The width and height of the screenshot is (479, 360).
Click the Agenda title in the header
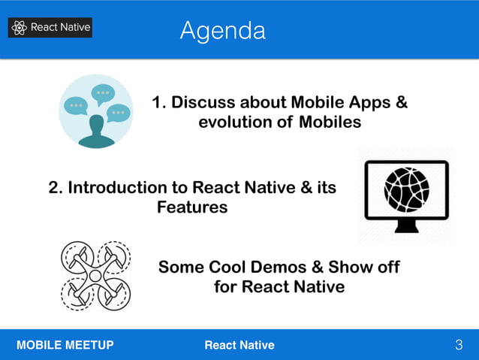click(222, 31)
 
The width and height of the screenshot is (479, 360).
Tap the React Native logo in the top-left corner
click(50, 28)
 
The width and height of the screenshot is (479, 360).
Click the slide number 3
click(459, 345)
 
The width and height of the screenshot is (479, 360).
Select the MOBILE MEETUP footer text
click(65, 345)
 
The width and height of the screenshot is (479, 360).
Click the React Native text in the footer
click(239, 345)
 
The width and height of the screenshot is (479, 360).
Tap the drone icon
click(95, 275)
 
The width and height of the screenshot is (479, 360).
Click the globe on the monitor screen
click(406, 189)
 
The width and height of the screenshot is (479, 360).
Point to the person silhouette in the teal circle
click(96, 132)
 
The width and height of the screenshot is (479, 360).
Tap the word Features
click(192, 207)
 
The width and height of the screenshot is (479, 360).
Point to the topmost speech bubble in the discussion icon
click(103, 94)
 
